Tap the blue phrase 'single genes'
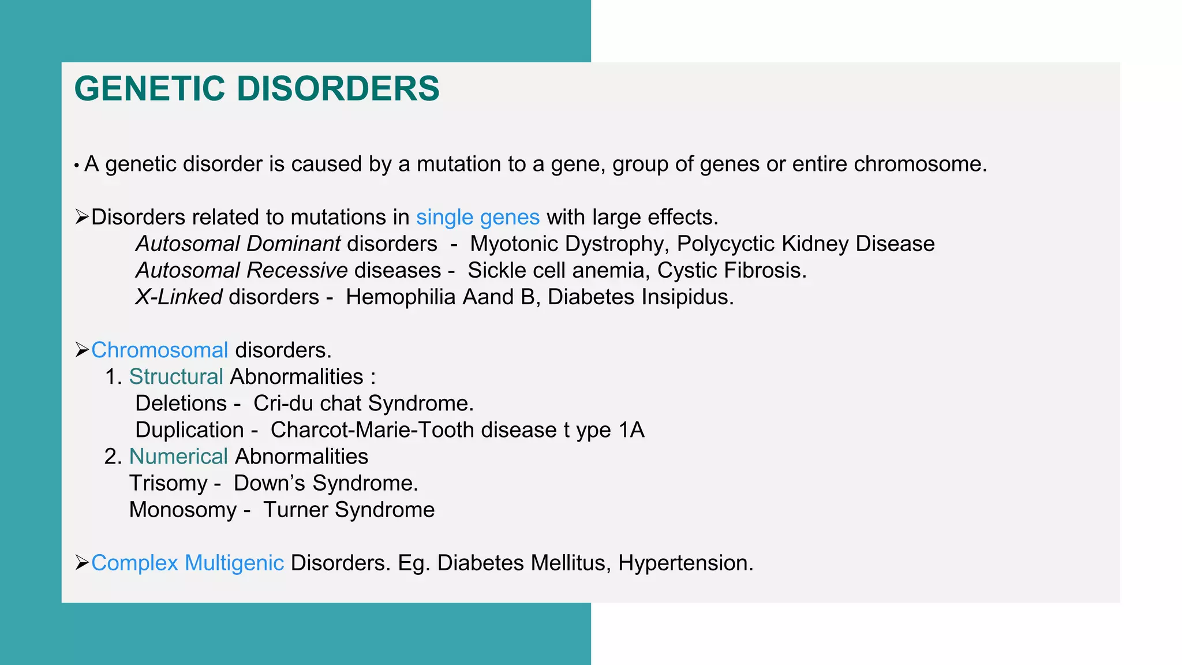click(x=477, y=218)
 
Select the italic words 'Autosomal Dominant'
click(x=238, y=244)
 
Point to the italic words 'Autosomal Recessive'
click(x=241, y=271)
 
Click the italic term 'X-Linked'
click(x=178, y=297)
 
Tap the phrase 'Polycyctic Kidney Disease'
click(x=805, y=244)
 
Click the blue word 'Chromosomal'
click(x=160, y=350)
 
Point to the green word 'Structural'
click(x=176, y=377)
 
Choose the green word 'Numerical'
click(x=178, y=457)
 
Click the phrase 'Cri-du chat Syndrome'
click(x=362, y=404)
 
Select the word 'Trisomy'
click(x=168, y=483)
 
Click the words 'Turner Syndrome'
click(x=349, y=510)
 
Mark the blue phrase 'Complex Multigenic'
click(x=188, y=563)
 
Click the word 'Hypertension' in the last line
click(x=684, y=563)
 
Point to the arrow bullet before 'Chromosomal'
click(x=81, y=350)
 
